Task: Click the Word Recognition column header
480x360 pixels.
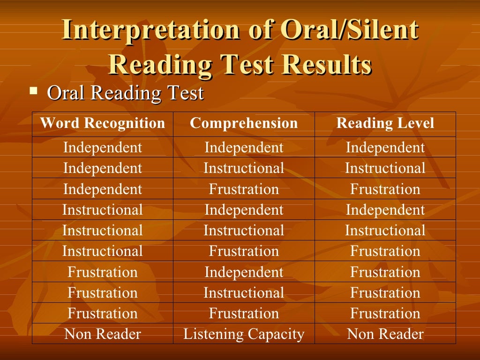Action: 103,123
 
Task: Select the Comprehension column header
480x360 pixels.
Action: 244,123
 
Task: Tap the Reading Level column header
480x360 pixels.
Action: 385,123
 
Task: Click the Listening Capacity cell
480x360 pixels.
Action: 244,334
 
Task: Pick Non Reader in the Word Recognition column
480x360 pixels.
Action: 103,334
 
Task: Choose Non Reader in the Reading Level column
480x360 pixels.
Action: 385,334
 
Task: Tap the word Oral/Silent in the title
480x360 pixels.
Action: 349,30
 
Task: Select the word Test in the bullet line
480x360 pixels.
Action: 185,93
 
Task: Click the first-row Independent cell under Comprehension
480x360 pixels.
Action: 244,148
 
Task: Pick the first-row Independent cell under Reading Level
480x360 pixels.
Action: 385,148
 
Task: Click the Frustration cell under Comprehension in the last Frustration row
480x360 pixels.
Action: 244,313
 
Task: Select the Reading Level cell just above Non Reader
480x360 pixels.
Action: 385,313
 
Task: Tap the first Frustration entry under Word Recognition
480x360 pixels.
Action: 103,272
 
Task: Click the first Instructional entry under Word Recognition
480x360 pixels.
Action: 103,210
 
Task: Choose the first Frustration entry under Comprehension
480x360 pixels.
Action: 244,189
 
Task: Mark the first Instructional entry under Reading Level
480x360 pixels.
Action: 385,168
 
